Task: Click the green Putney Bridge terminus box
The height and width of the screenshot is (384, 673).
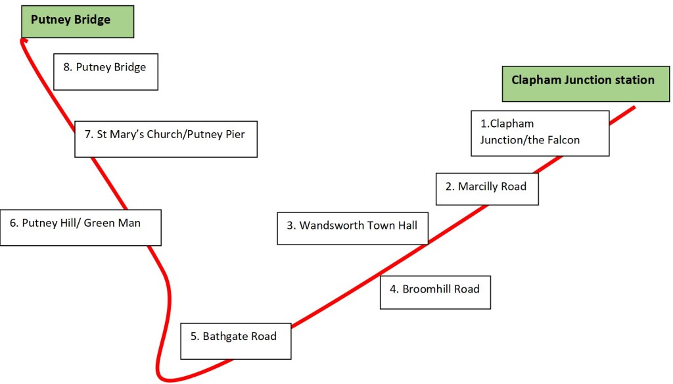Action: point(78,21)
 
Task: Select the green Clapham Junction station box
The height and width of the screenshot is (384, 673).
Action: point(583,84)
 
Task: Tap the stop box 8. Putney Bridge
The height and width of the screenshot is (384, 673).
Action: point(105,72)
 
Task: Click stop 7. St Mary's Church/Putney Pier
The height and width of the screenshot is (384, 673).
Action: point(166,138)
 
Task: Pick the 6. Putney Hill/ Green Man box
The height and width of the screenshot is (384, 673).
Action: point(80,228)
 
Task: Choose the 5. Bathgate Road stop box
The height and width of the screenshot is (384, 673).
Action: point(235,341)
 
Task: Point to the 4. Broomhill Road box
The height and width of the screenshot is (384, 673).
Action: point(435,292)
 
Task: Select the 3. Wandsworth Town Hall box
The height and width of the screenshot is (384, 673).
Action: point(352,228)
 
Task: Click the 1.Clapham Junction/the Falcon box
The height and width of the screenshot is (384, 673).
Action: point(540,133)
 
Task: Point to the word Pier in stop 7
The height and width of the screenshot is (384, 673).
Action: point(235,135)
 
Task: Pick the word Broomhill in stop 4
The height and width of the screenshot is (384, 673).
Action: point(426,289)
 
